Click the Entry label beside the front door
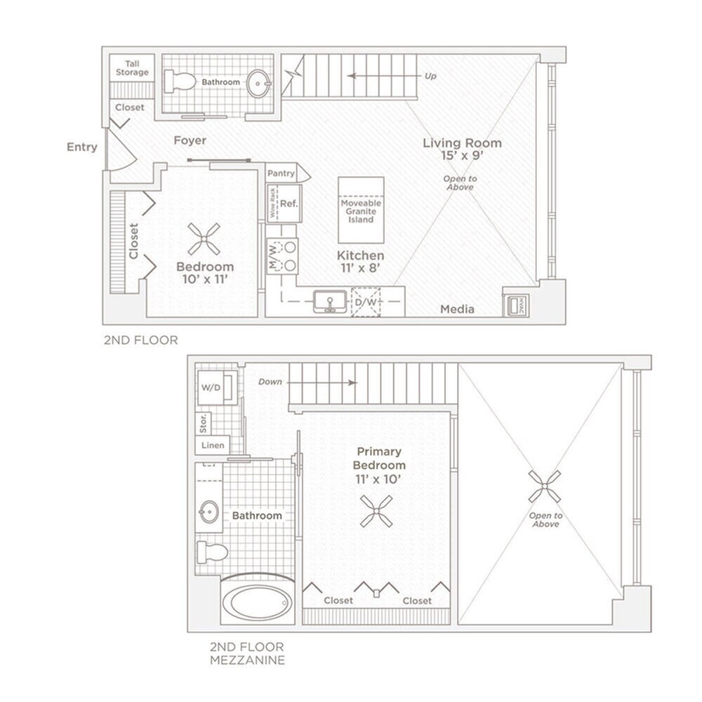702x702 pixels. click(x=81, y=147)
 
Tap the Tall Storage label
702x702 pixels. click(x=132, y=68)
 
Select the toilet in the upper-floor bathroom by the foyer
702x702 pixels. click(x=180, y=81)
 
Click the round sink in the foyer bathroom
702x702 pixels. click(x=259, y=84)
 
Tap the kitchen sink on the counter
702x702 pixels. click(x=329, y=303)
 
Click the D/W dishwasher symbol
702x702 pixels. click(x=366, y=302)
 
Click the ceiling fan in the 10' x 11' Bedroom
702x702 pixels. click(x=204, y=239)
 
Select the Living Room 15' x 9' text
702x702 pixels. click(x=462, y=149)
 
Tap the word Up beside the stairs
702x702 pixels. click(x=430, y=76)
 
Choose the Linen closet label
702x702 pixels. click(x=213, y=445)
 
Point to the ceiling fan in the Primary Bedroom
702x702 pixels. click(x=376, y=510)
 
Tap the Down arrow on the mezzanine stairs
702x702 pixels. click(x=338, y=383)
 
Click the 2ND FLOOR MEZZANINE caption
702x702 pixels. click(x=247, y=654)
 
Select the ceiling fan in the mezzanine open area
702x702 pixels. click(x=545, y=486)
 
